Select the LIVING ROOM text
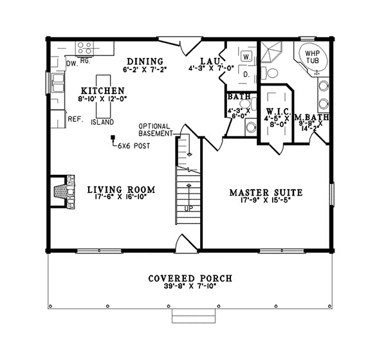coord(113,189)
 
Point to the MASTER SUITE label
coord(266,192)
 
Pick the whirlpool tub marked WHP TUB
coord(313,57)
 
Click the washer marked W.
coord(246,57)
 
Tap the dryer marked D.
coord(246,75)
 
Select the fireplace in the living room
coord(62,190)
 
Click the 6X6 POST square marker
coord(113,137)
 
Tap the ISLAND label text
coord(102,122)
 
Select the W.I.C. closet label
coord(278,111)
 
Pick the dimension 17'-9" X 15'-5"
coord(266,201)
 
